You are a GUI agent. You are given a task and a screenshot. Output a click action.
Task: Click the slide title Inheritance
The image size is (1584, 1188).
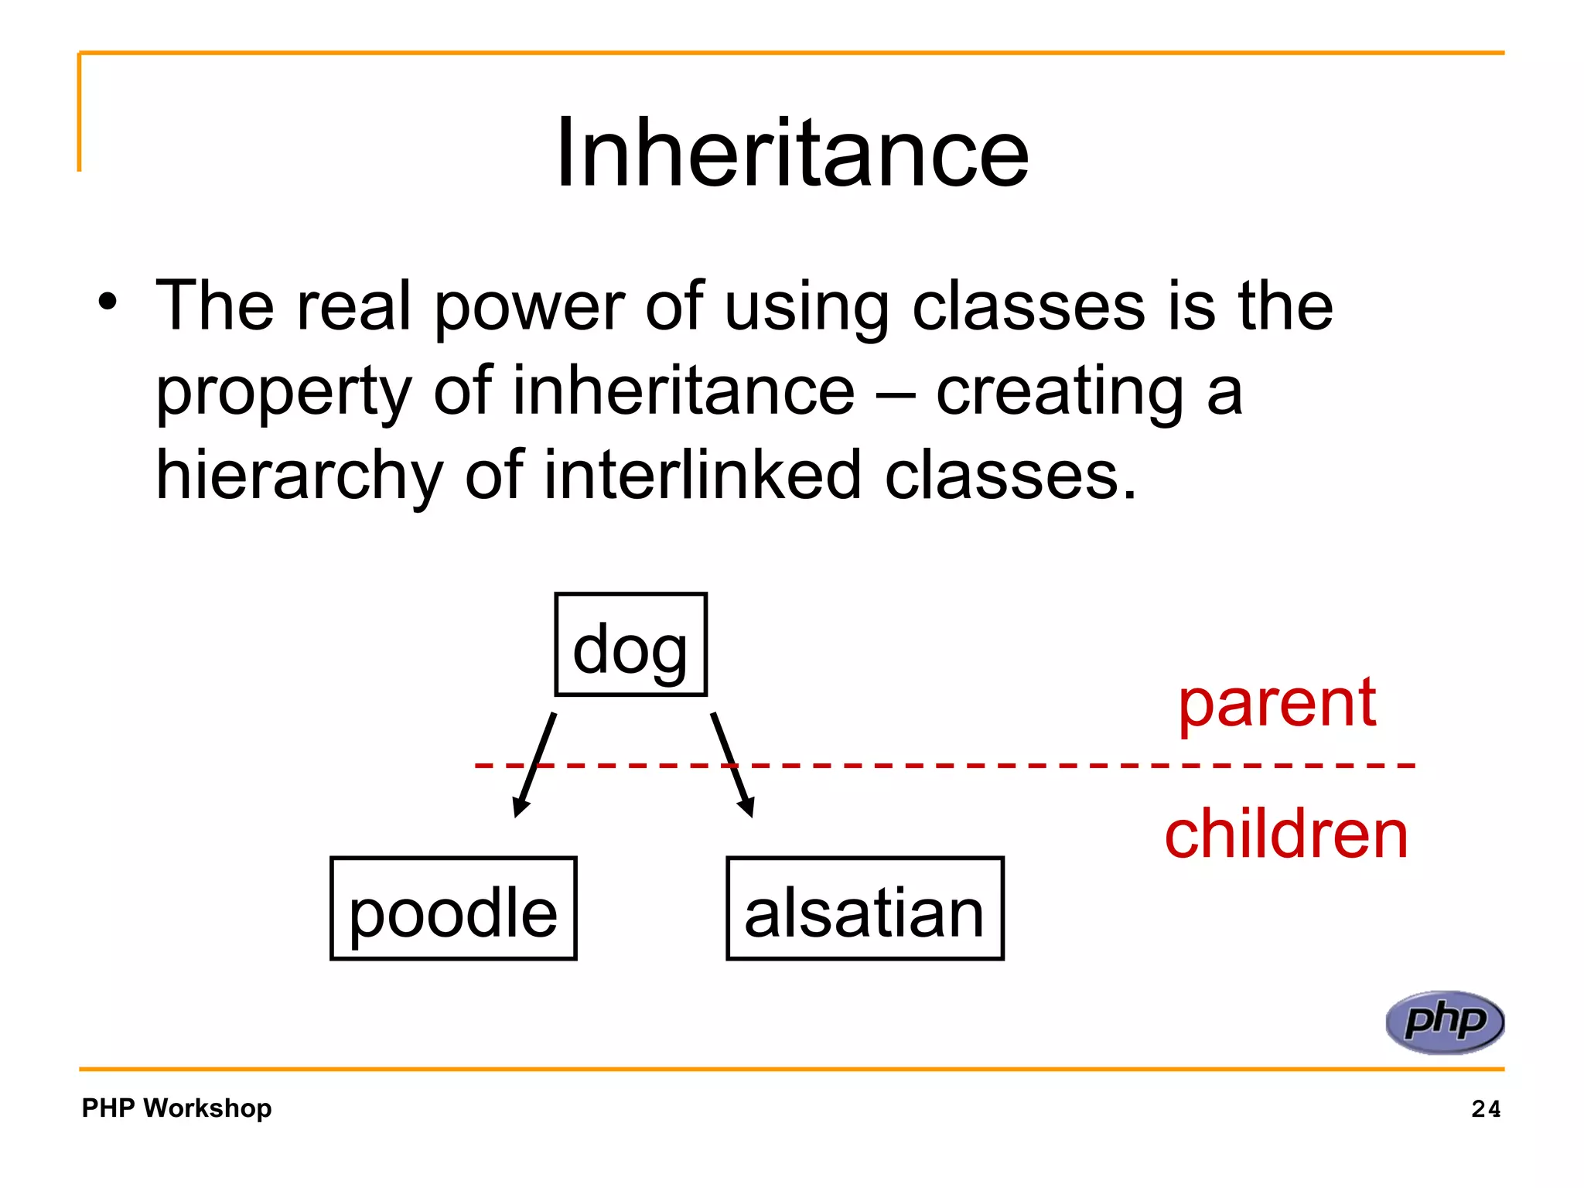click(x=792, y=152)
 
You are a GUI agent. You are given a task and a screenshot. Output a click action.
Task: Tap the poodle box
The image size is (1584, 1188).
click(x=453, y=910)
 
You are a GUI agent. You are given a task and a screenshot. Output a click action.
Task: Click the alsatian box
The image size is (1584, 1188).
click(x=865, y=910)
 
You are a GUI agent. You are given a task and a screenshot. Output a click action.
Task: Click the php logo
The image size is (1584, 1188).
click(x=1444, y=1022)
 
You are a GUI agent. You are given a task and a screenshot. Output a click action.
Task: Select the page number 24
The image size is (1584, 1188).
click(x=1486, y=1109)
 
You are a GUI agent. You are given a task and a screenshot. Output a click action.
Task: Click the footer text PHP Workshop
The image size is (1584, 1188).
click(x=176, y=1108)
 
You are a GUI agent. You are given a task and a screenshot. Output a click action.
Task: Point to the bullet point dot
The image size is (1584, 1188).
click(x=108, y=302)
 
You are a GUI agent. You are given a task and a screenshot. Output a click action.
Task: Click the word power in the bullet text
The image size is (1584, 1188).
click(x=528, y=308)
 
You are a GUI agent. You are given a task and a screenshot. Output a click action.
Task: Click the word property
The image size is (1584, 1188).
click(x=284, y=393)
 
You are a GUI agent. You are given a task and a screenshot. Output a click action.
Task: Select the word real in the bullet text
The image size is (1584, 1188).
click(x=353, y=306)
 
